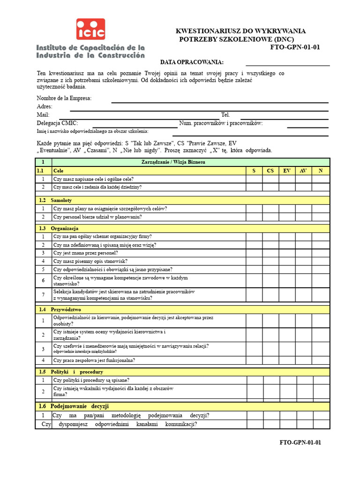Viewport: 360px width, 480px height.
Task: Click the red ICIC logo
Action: coord(91,29)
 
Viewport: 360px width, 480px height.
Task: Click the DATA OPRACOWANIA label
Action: coord(192,62)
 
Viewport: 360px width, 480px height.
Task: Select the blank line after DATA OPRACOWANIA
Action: coord(287,62)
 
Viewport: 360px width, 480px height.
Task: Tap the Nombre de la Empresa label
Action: coord(64,98)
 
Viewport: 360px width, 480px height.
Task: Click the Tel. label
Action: coord(225,115)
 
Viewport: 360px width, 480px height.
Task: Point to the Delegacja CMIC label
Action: coord(57,123)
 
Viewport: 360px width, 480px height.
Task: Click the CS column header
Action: coord(270,171)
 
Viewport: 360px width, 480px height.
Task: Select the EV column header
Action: coord(286,171)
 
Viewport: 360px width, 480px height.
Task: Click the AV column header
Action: coord(303,171)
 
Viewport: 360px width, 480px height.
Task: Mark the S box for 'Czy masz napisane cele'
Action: coord(254,179)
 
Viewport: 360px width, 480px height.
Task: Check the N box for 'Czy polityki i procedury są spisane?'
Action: coord(321,380)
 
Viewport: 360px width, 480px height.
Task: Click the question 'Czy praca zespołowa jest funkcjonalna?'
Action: coord(94,360)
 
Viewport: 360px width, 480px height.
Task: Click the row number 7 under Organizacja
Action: coord(43,294)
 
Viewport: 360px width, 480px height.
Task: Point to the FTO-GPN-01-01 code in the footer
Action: coord(300,442)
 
